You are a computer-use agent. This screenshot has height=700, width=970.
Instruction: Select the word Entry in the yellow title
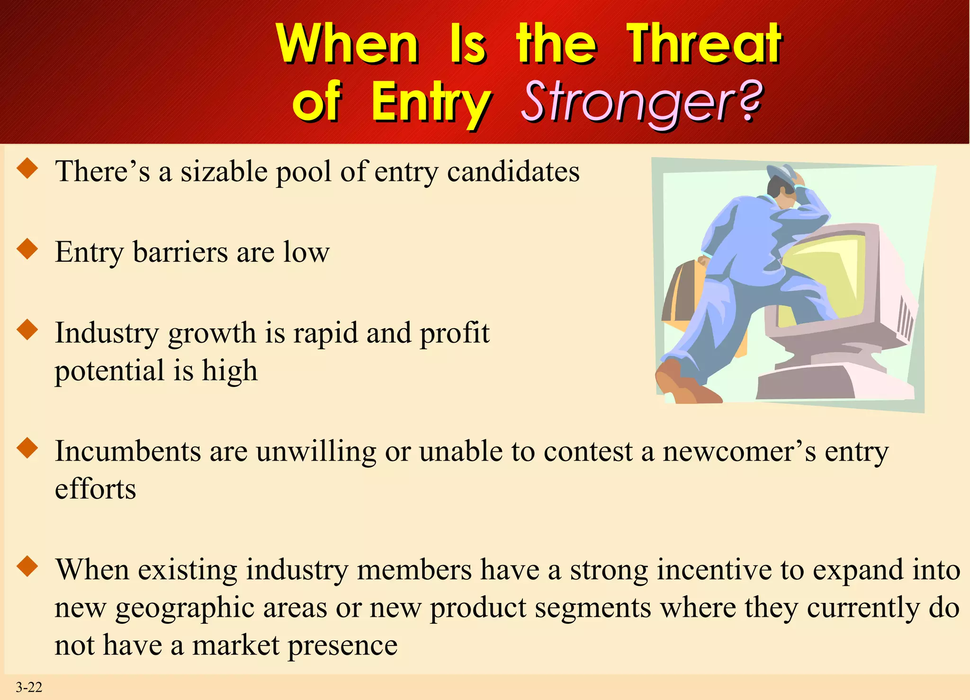[430, 102]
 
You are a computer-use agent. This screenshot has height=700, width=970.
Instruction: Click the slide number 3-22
[29, 687]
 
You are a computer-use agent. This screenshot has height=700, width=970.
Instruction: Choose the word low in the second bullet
[306, 252]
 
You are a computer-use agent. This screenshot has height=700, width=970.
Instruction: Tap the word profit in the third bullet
[454, 333]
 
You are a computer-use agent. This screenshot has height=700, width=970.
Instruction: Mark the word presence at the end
[342, 645]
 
